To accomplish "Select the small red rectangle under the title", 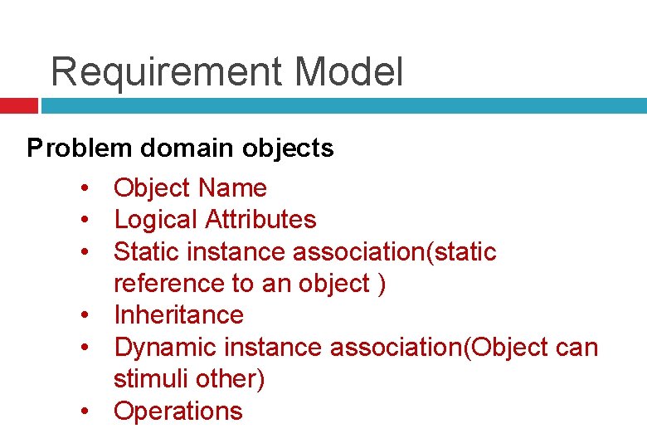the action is [18, 106].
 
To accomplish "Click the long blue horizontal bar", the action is [343, 106].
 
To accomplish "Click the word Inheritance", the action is [178, 315].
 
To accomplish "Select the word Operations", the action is [178, 411].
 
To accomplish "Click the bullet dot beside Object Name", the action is [86, 189].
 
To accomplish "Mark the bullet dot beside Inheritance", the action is [86, 316].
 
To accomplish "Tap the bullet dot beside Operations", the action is [86, 411].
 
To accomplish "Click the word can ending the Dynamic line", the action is [576, 347].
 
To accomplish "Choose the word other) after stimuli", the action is [232, 379].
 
